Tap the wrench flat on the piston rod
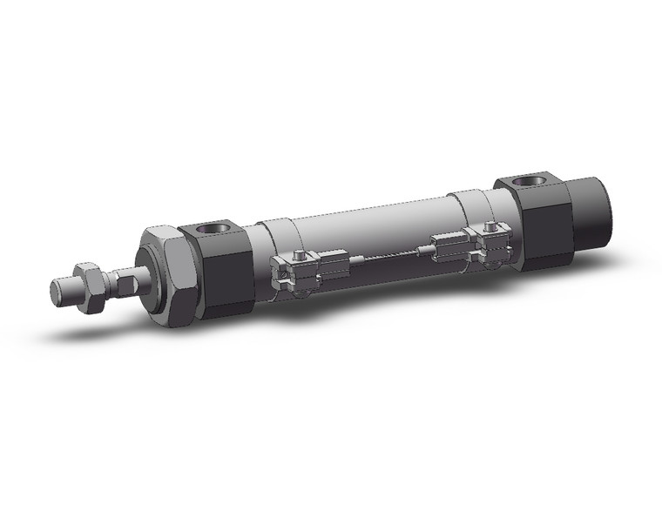click(125, 282)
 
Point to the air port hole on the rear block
click(527, 183)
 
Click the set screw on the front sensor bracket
click(299, 255)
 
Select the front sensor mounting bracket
click(292, 272)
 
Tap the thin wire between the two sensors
click(388, 257)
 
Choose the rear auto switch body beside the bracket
click(449, 245)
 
